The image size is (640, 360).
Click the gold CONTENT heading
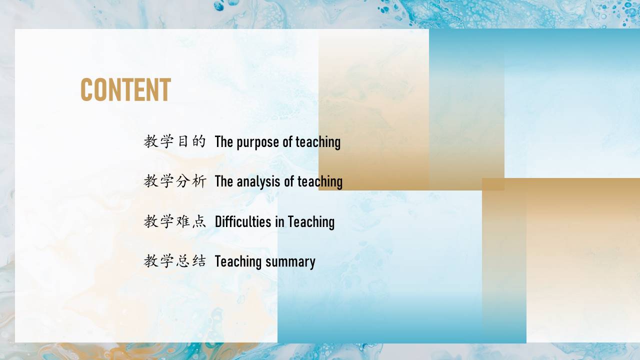tap(125, 89)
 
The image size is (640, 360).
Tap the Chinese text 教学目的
tap(175, 141)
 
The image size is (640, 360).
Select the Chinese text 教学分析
tap(175, 181)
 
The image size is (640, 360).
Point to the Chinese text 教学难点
tap(175, 221)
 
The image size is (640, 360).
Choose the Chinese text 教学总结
tap(175, 261)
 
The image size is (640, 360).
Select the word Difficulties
tap(243, 221)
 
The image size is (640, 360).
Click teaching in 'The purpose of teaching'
tap(318, 142)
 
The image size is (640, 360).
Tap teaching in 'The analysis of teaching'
tap(320, 182)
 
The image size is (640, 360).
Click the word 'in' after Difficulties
tap(279, 221)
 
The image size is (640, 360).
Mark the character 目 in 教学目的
tap(183, 141)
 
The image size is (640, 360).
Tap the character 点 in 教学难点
tap(199, 221)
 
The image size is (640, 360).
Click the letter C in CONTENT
tap(86, 89)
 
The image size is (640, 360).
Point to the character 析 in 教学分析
tap(199, 181)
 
